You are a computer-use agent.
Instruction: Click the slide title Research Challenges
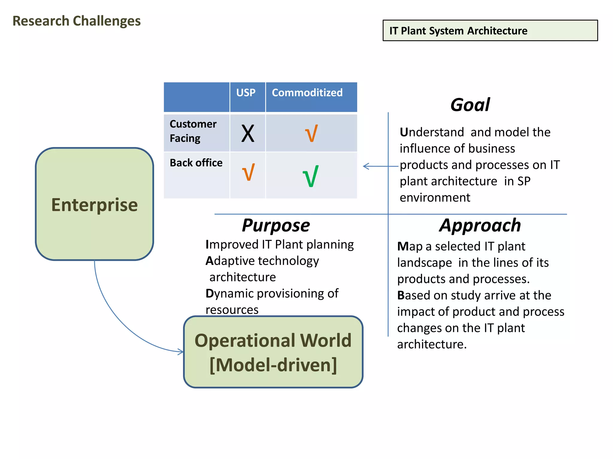click(x=77, y=21)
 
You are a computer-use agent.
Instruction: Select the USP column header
click(x=246, y=93)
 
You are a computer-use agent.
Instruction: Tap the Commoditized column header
click(x=307, y=93)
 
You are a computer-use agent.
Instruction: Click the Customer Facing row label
click(x=193, y=131)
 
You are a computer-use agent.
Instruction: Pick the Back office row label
click(x=196, y=163)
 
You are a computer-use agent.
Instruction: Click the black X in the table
click(x=248, y=134)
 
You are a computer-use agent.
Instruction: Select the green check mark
click(x=311, y=176)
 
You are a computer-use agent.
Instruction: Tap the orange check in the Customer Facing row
click(x=311, y=134)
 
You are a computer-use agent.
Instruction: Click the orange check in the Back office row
click(x=248, y=172)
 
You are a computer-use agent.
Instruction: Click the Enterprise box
click(x=94, y=204)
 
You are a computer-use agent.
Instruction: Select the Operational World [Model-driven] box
click(x=273, y=352)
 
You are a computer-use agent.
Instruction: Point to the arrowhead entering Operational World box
click(x=181, y=352)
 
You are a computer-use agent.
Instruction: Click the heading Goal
click(x=470, y=105)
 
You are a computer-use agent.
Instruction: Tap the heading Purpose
click(x=276, y=225)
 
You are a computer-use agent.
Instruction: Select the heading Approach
click(x=480, y=225)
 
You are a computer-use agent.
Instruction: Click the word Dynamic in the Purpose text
click(x=230, y=294)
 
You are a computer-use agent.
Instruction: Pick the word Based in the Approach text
click(x=414, y=295)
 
